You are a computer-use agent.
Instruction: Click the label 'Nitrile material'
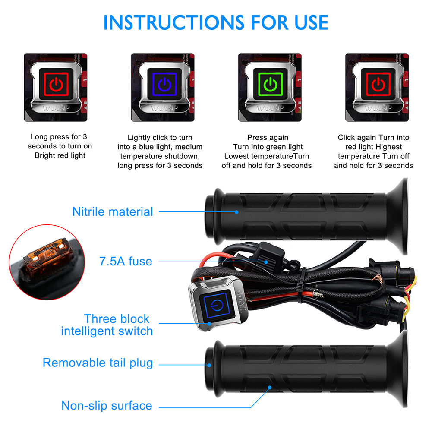pyautogui.click(x=113, y=212)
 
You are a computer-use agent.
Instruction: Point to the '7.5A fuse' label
pyautogui.click(x=126, y=261)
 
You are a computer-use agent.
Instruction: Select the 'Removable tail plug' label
pyautogui.click(x=98, y=363)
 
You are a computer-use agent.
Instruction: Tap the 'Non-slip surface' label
pyautogui.click(x=107, y=406)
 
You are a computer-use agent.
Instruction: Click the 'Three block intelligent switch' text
pyautogui.click(x=107, y=325)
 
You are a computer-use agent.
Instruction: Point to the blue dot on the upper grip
pyautogui.click(x=236, y=212)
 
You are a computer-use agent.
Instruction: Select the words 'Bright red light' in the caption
pyautogui.click(x=60, y=155)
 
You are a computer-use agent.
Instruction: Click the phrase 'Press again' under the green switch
pyautogui.click(x=268, y=138)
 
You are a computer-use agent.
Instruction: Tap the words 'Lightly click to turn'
pyautogui.click(x=160, y=138)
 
